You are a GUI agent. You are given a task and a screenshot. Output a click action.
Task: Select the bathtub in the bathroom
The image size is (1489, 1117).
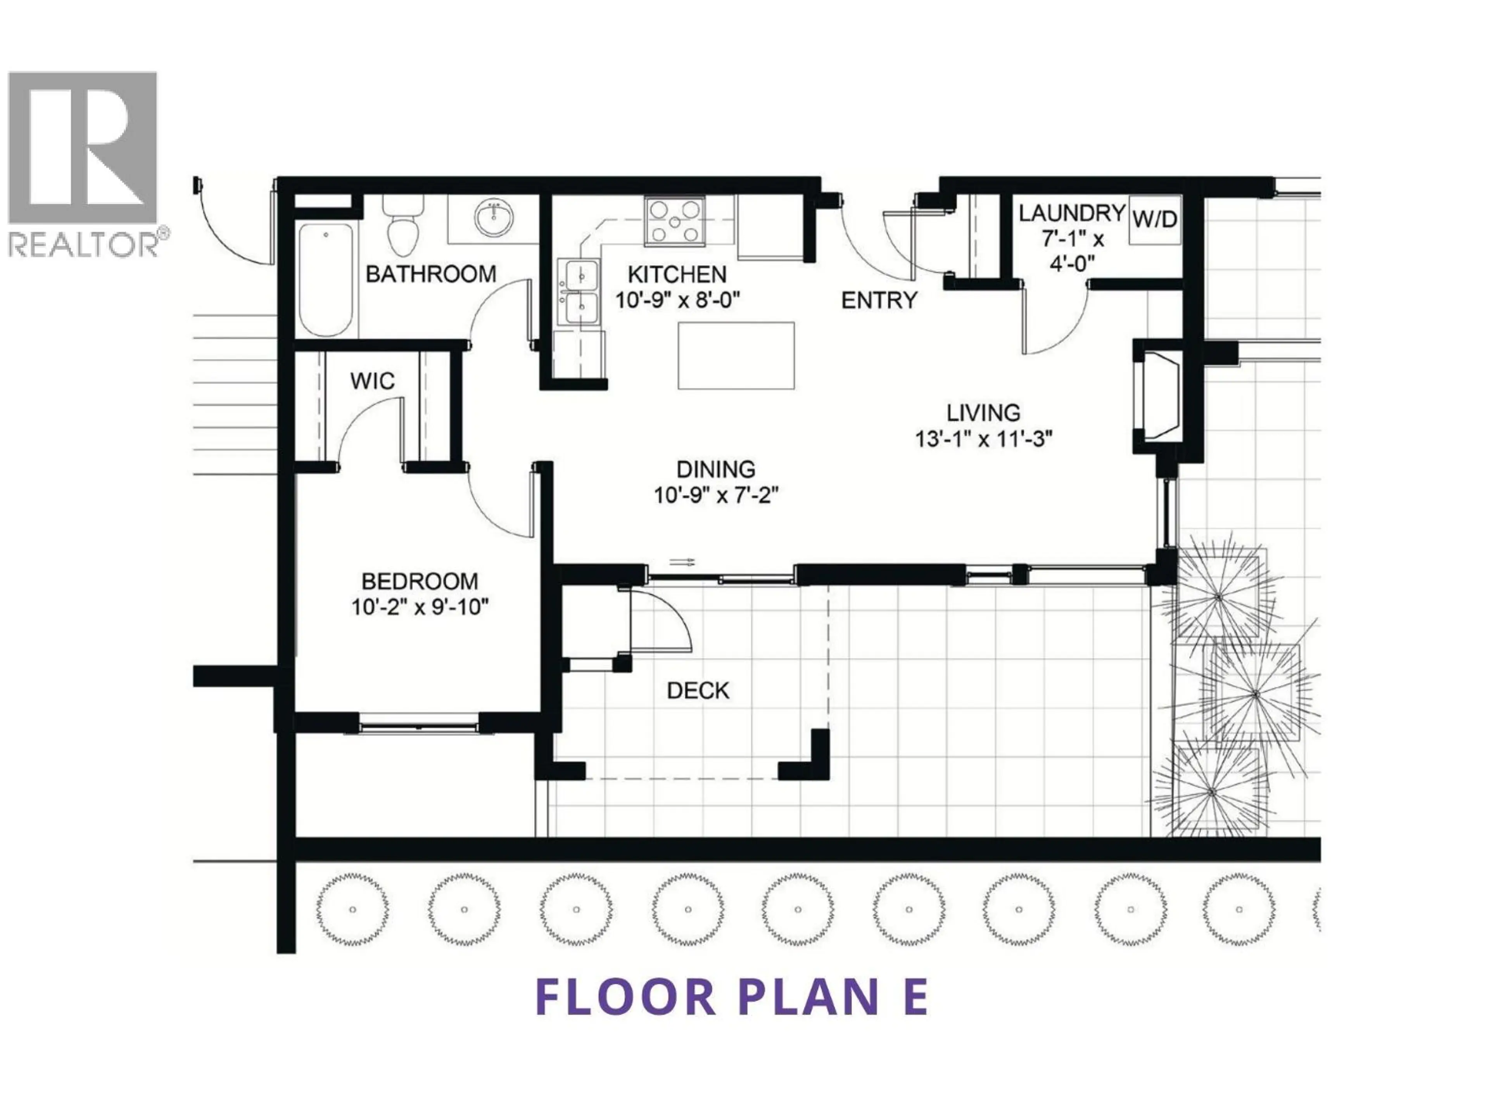click(326, 279)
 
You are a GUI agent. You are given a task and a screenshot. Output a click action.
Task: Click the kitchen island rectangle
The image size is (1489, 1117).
click(736, 356)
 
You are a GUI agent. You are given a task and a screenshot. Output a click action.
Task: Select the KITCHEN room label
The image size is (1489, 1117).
click(677, 275)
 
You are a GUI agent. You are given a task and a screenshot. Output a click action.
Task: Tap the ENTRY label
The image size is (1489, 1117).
click(879, 300)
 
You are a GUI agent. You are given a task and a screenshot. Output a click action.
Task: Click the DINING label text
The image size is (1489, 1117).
click(715, 469)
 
